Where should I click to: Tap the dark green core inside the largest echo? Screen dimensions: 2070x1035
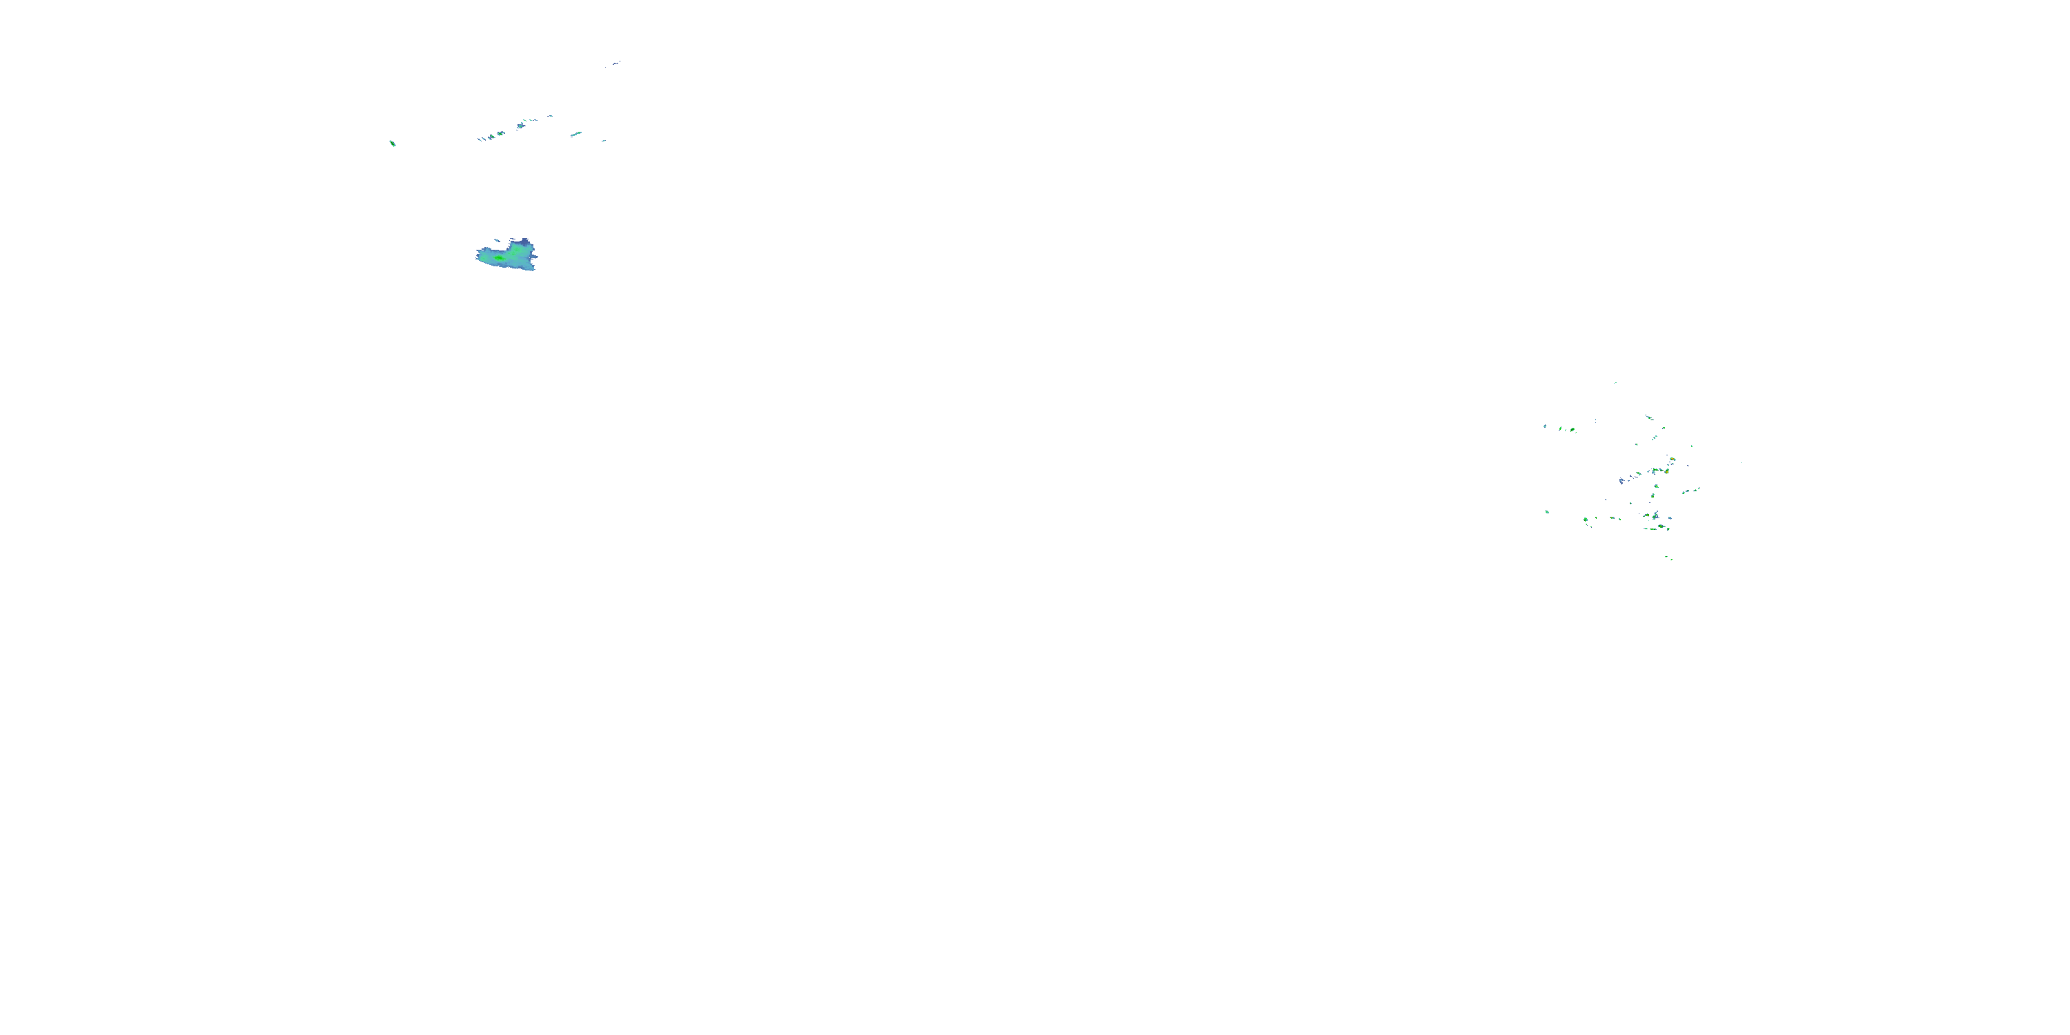(498, 258)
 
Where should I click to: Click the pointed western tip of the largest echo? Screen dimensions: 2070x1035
(478, 255)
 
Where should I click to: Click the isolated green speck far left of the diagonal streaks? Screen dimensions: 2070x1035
(392, 143)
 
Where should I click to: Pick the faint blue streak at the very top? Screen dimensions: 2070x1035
(615, 62)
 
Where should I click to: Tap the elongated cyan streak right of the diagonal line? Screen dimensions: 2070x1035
(575, 134)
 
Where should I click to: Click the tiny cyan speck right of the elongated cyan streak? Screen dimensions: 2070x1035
(604, 140)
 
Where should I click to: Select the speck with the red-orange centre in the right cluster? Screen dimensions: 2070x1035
(1673, 459)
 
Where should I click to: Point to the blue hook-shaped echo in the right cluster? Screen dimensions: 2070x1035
(1621, 480)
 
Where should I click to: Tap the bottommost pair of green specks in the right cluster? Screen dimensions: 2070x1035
(1669, 558)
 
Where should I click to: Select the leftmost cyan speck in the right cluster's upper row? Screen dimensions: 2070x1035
(1544, 426)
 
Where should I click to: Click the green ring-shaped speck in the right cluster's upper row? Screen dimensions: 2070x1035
(1572, 430)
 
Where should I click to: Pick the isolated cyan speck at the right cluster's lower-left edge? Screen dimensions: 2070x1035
(1547, 511)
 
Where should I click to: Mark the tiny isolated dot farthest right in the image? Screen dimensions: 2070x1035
(1742, 462)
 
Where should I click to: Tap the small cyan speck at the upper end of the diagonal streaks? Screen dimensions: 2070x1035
(551, 116)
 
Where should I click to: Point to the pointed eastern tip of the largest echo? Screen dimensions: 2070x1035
(536, 257)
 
